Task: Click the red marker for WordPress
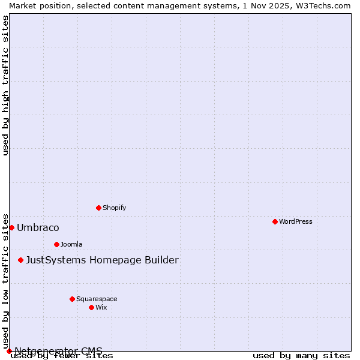(275, 221)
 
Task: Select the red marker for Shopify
(98, 208)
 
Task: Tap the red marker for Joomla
(56, 244)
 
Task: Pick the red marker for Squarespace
(72, 299)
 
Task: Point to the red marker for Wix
(91, 307)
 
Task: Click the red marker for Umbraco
(11, 227)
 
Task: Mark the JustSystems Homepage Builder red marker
(20, 260)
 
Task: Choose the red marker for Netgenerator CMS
(9, 351)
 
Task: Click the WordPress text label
(296, 221)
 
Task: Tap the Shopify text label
(114, 208)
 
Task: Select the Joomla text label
(71, 244)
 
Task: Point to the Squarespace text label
(97, 299)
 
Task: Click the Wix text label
(101, 307)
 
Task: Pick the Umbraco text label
(38, 227)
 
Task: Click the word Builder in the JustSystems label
(158, 260)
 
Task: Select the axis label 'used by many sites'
(301, 356)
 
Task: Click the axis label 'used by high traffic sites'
(6, 85)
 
